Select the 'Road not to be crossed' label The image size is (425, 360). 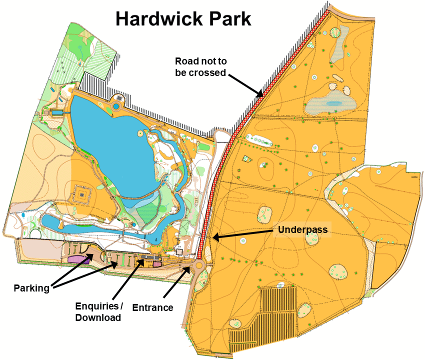201,67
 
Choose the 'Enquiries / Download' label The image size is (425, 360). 98,311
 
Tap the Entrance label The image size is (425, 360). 152,307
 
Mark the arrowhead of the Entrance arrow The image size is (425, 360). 190,269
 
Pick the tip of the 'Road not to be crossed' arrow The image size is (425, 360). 263,95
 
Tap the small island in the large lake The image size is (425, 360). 139,133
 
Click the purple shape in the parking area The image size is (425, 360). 79,258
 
